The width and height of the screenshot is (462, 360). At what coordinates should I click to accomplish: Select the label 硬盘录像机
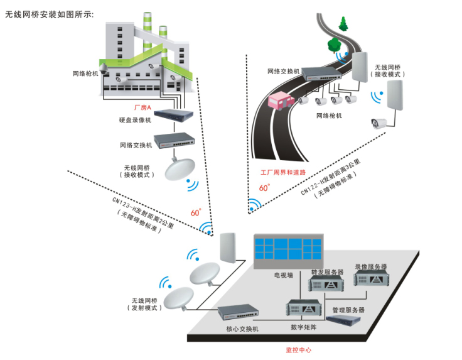(135, 120)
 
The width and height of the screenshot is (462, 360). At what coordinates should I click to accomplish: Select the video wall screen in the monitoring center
(289, 250)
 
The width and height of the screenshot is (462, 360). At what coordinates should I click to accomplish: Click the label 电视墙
(283, 275)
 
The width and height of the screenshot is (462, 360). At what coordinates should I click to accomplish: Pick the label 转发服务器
(327, 273)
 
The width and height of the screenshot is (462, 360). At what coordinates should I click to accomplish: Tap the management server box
(347, 319)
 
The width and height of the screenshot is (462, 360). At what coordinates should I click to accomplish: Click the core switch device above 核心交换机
(238, 312)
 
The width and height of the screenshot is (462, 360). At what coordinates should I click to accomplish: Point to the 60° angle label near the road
(264, 187)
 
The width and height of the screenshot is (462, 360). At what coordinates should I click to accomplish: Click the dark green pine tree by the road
(343, 25)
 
